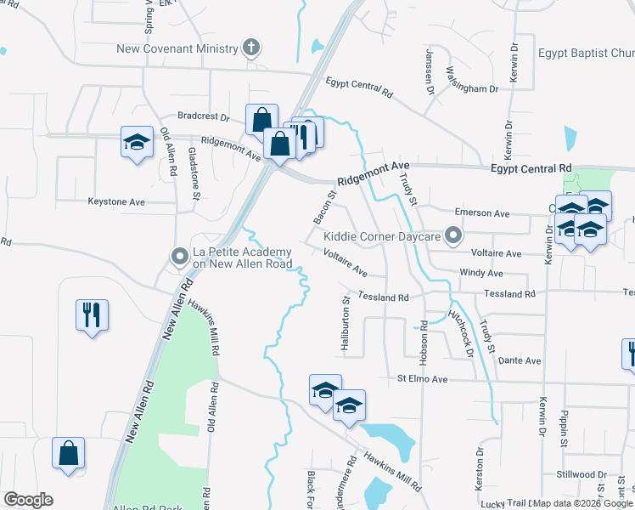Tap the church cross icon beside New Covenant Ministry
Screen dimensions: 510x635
click(x=251, y=48)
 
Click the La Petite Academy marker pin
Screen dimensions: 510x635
click(x=179, y=255)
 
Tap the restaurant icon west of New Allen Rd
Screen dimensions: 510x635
click(x=92, y=315)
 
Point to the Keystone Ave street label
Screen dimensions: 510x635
click(x=116, y=202)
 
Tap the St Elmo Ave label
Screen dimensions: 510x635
click(x=421, y=378)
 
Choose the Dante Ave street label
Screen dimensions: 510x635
click(x=520, y=360)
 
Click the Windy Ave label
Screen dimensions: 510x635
click(x=481, y=273)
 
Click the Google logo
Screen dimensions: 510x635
click(x=28, y=500)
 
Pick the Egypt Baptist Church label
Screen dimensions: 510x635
click(x=586, y=53)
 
